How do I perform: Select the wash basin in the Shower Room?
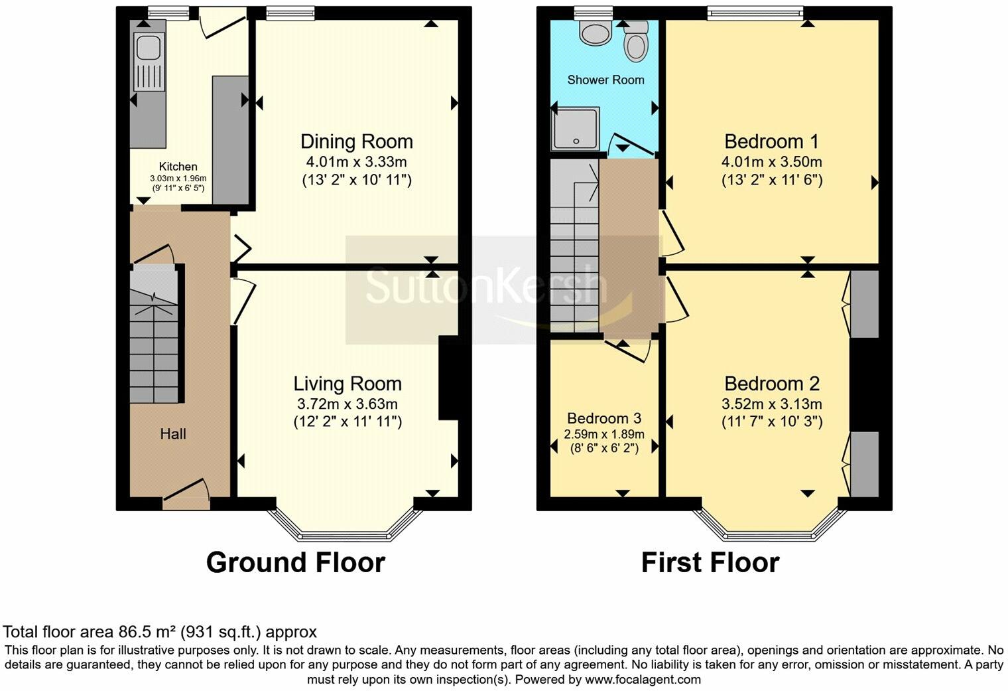coord(594,33)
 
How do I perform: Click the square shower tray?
coord(576,129)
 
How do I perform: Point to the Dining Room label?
coord(356,141)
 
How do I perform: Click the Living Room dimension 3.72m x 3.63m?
coord(347,404)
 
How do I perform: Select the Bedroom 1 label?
coord(771,141)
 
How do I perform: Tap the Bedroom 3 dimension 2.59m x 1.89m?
coord(604,434)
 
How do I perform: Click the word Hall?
coord(173,434)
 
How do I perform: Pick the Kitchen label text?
coord(178,166)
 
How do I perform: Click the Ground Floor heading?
coord(296,563)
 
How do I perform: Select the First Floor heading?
coord(710,563)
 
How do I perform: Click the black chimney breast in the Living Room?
coord(448,378)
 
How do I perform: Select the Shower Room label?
coord(605,80)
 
